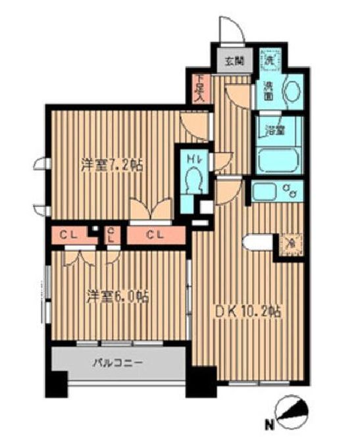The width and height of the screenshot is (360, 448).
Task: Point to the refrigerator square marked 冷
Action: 290,241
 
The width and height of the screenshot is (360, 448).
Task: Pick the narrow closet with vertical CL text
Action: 111,234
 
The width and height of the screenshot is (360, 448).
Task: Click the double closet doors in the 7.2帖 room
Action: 151,210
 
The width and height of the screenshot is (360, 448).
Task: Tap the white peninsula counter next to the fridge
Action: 259,242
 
